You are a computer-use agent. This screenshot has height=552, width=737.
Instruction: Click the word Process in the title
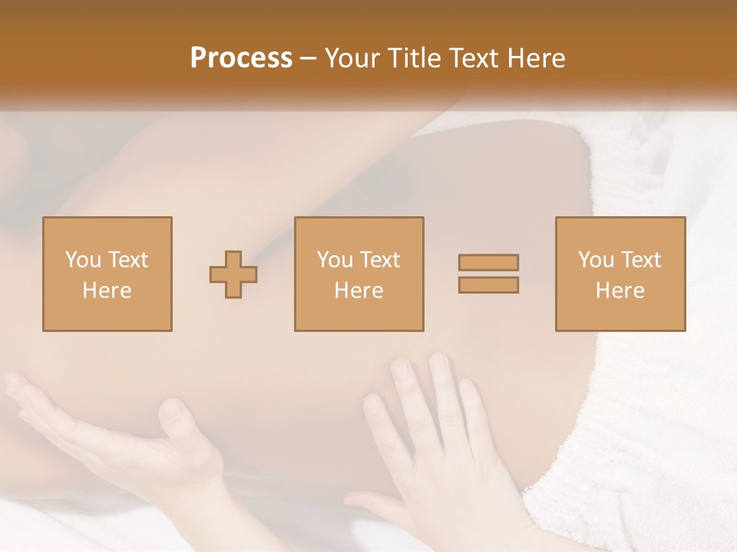pos(241,58)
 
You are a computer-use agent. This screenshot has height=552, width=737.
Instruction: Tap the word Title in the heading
pos(414,58)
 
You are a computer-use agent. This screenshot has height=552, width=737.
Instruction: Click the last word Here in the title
pos(537,58)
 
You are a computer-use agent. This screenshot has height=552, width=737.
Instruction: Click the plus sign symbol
pos(233,274)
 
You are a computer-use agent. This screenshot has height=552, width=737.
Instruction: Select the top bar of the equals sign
pos(488,262)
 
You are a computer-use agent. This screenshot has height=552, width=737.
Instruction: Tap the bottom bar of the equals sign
pos(488,285)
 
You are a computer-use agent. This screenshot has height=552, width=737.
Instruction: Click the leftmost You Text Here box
pos(107,274)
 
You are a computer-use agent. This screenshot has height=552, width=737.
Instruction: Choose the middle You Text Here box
pos(359,274)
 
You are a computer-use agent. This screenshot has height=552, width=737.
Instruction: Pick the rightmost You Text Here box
pos(620,274)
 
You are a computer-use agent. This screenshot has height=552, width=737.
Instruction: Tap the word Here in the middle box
pos(359,291)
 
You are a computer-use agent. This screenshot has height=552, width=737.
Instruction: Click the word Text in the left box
pos(127,260)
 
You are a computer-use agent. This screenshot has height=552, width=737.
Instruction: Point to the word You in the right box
pos(596,260)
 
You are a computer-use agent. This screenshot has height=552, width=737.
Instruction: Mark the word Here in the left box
pos(107,291)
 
